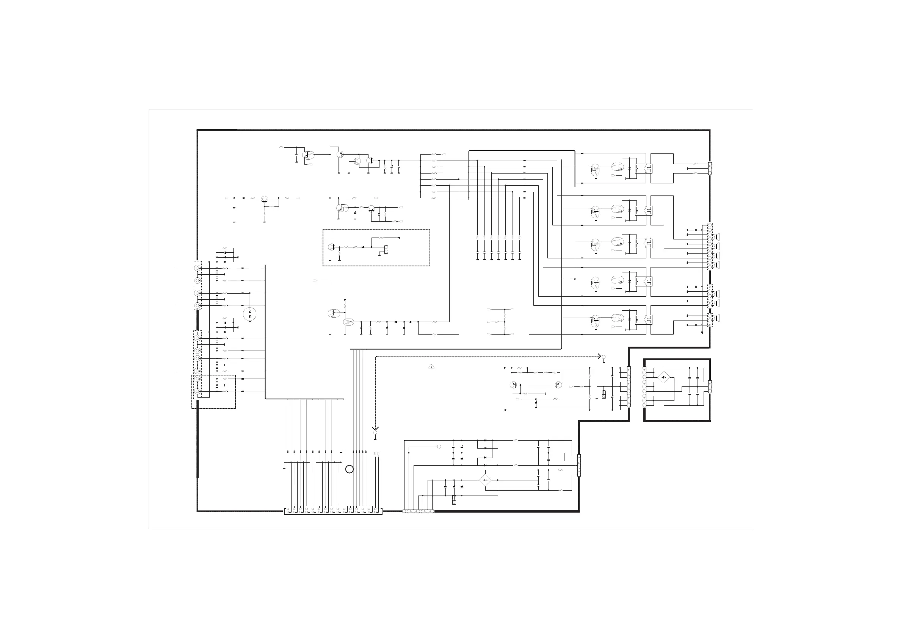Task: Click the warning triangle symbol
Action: [431, 366]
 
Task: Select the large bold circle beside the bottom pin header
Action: [349, 469]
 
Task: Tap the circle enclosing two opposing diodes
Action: [250, 314]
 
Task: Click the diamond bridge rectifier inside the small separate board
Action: [664, 377]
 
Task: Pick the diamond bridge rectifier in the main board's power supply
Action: [485, 480]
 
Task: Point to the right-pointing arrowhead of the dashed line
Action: [600, 356]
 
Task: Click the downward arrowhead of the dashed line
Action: [375, 428]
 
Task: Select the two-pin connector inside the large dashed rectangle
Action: [386, 249]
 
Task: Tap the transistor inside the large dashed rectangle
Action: [331, 247]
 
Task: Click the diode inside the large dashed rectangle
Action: [362, 247]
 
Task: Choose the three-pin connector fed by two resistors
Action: [710, 168]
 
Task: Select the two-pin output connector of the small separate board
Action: [710, 387]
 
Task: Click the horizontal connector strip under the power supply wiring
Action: [418, 511]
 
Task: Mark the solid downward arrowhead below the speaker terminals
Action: [702, 333]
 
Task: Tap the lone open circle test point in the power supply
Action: [439, 447]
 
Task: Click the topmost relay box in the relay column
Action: [643, 168]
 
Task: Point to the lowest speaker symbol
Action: [718, 317]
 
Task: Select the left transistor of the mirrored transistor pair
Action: [514, 385]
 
